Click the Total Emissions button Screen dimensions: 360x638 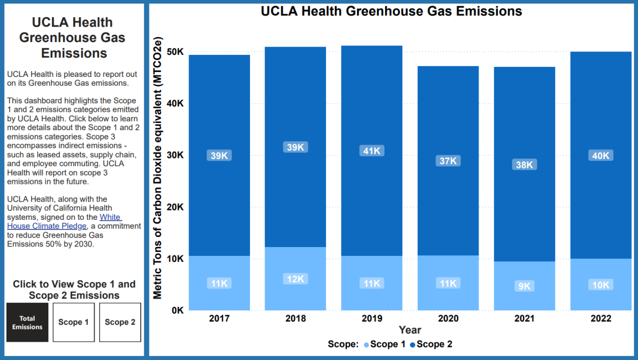(27, 322)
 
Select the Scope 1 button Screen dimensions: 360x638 (74, 322)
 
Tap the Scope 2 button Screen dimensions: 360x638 (120, 322)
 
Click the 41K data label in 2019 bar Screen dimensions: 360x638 (372, 151)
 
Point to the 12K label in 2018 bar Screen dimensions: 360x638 (295, 279)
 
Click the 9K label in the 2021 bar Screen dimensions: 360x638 (525, 286)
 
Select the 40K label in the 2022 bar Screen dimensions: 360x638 (601, 155)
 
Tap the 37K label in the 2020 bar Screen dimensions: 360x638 (448, 161)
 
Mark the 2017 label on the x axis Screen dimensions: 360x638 (219, 319)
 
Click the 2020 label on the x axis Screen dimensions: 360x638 (448, 319)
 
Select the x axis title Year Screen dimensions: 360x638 (410, 330)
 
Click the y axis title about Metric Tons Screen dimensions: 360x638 (158, 167)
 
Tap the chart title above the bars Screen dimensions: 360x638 (392, 11)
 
